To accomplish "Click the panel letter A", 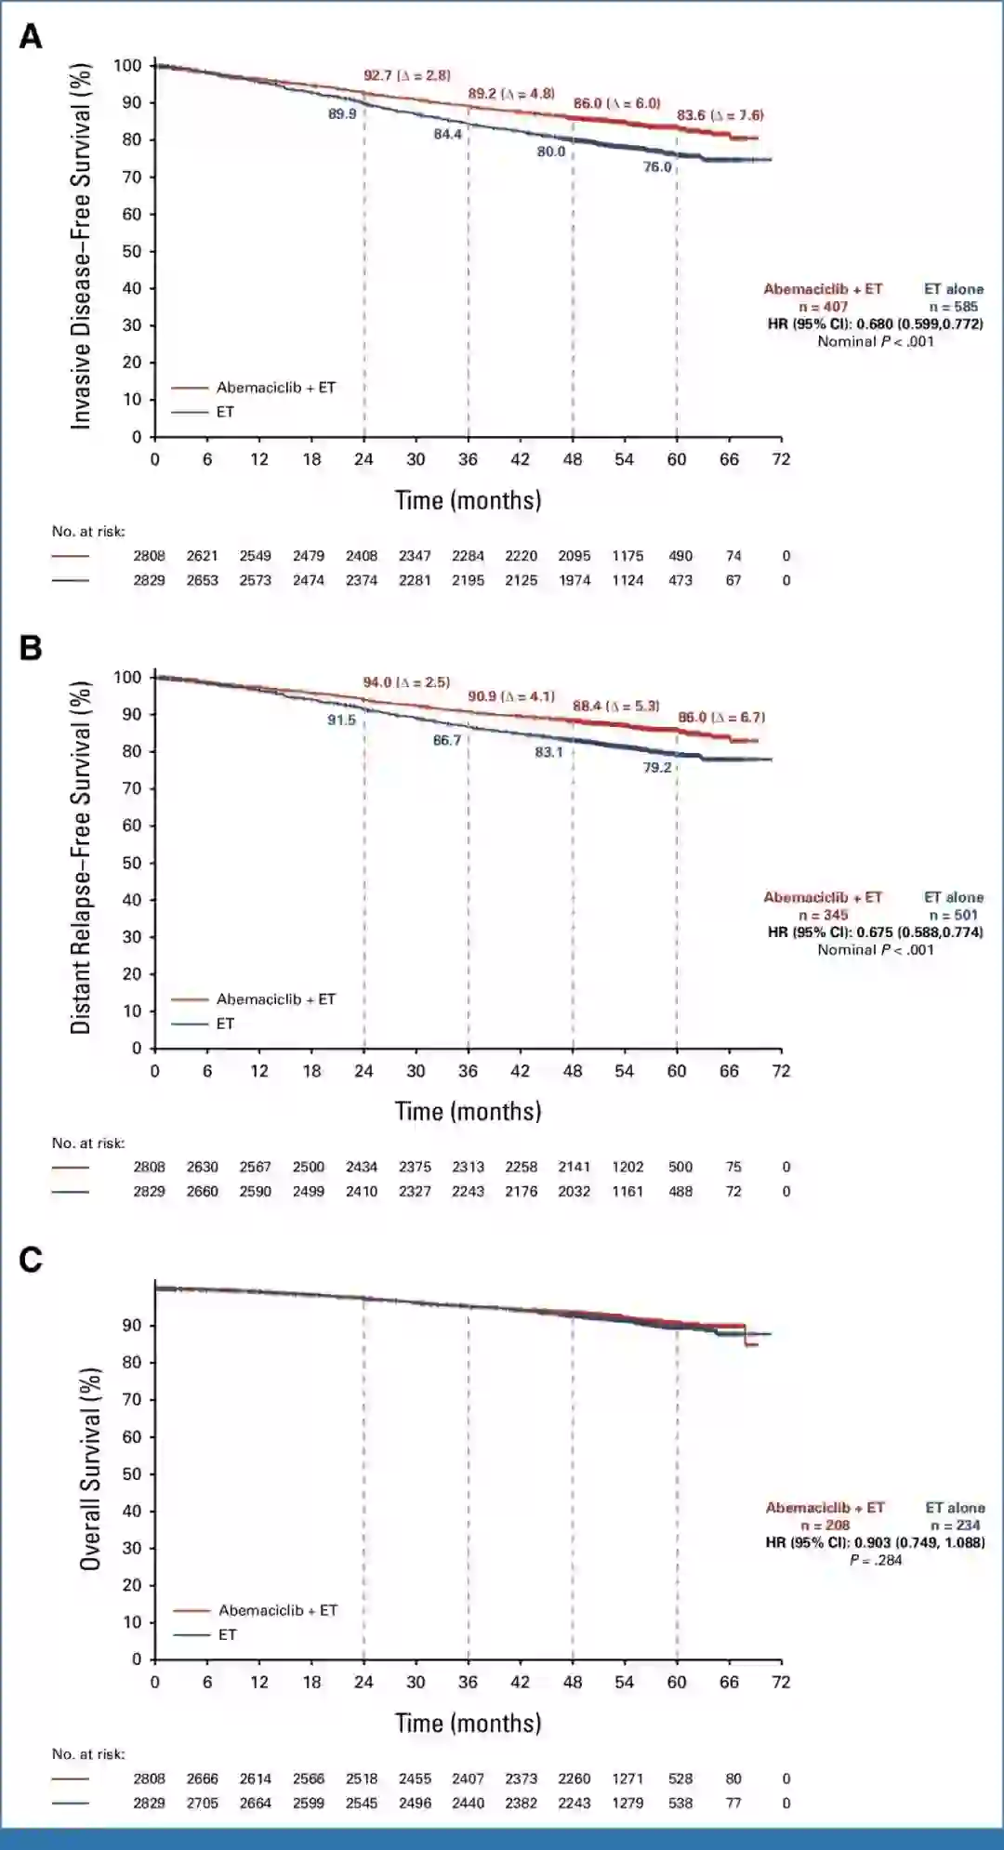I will click(31, 37).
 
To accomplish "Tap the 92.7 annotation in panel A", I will click(378, 75).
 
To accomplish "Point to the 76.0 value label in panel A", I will click(657, 167).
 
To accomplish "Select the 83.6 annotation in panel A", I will click(691, 115).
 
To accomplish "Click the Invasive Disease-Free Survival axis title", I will click(82, 246).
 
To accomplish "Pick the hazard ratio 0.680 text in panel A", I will click(875, 324).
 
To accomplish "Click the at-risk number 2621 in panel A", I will click(202, 556).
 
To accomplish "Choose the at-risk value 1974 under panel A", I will click(575, 580).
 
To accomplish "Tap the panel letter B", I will click(31, 648).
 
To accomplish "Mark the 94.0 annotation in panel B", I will click(377, 682).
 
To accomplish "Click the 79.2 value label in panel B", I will click(657, 767).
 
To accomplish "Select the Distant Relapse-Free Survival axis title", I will click(82, 857).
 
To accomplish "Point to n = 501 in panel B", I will click(953, 915).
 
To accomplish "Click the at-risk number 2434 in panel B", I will click(362, 1167).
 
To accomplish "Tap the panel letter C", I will click(31, 1260).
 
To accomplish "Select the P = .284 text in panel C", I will click(876, 1560).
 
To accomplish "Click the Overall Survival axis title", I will click(90, 1469).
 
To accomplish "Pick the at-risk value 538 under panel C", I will click(680, 1803).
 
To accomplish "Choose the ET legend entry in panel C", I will click(228, 1634).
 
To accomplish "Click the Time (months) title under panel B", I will click(468, 1111).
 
